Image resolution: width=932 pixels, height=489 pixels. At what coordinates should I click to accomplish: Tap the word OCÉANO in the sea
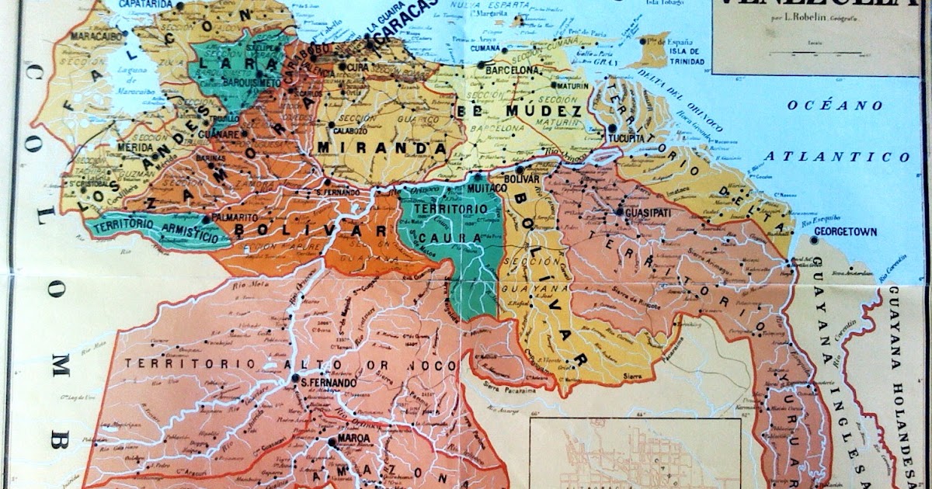pos(823,105)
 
